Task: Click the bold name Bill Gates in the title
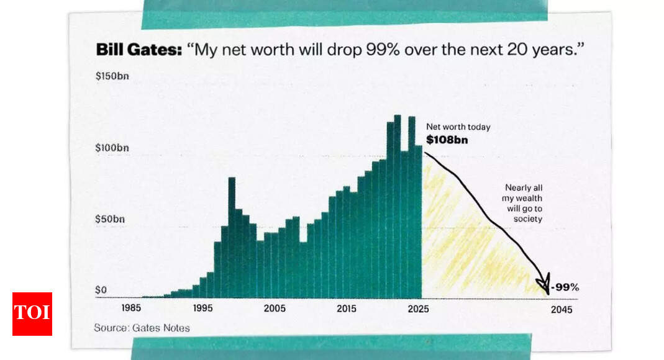(139, 50)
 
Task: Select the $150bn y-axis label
(112, 76)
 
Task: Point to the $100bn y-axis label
(112, 148)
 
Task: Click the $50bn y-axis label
(110, 219)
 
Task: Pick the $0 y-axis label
(101, 290)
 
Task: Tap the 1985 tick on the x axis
(131, 308)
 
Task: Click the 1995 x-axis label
(203, 308)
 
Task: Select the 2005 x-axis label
(275, 308)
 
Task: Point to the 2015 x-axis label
(347, 309)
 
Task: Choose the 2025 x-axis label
(419, 309)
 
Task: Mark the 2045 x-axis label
(562, 310)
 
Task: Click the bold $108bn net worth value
(447, 140)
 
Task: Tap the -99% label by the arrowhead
(565, 287)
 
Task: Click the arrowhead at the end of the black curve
(544, 284)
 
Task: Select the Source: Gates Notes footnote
(142, 328)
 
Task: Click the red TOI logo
(32, 314)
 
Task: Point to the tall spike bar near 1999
(232, 238)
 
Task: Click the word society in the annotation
(527, 219)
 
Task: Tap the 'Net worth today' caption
(458, 127)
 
